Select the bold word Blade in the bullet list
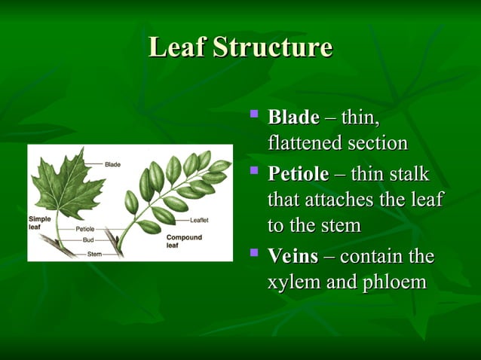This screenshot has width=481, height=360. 293,118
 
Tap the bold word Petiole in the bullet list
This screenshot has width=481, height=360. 298,175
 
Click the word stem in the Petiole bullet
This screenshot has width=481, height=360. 338,226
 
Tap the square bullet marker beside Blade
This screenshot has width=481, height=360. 254,116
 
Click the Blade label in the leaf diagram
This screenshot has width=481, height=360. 112,164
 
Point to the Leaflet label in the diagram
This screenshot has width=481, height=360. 200,221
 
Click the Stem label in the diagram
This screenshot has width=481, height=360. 94,254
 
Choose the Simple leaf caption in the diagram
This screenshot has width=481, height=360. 39,222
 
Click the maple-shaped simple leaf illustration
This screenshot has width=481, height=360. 66,185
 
